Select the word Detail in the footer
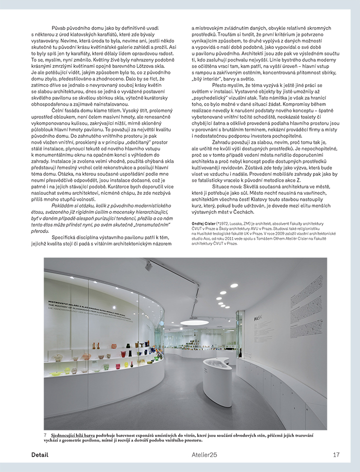[39, 455]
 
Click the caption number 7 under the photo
[45, 436]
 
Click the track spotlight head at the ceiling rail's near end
[148, 267]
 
